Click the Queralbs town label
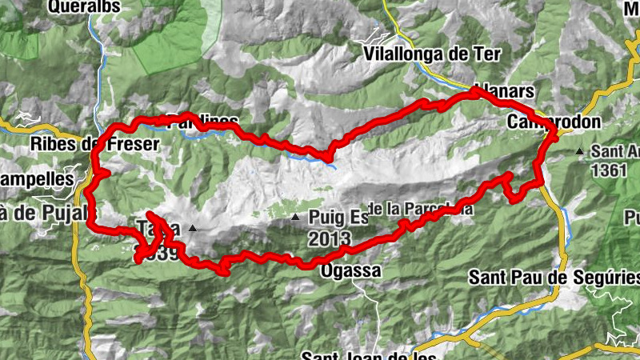pyautogui.click(x=84, y=7)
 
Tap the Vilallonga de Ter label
pyautogui.click(x=431, y=54)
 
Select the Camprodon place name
pyautogui.click(x=542, y=122)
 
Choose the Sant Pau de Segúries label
pyautogui.click(x=554, y=278)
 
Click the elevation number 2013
pyautogui.click(x=330, y=238)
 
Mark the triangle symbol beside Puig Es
pyautogui.click(x=296, y=217)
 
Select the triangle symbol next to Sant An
pyautogui.click(x=579, y=151)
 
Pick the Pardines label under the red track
pyautogui.click(x=203, y=122)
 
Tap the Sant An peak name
pyautogui.click(x=614, y=151)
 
